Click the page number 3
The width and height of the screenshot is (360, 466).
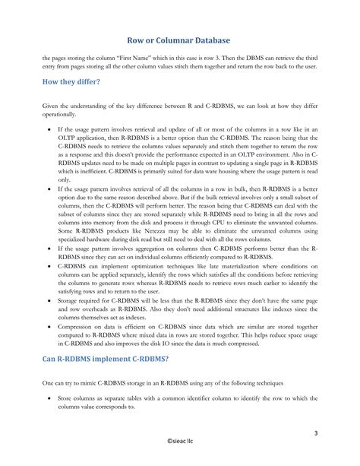click(336, 433)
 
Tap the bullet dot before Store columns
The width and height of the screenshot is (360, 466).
click(49, 398)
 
